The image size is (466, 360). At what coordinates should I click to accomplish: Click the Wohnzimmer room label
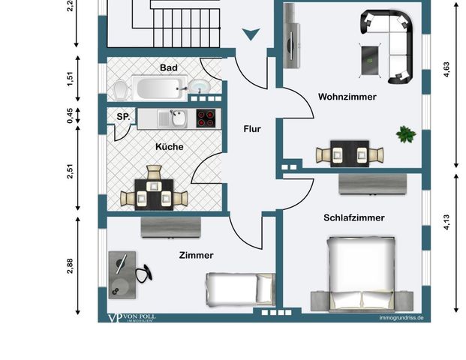coord(347,97)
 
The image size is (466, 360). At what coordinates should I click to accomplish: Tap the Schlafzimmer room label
coord(353,217)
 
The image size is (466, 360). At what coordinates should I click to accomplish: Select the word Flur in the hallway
coord(252,129)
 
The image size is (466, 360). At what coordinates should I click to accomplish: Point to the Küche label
coord(170,147)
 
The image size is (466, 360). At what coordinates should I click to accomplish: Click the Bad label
coord(169,68)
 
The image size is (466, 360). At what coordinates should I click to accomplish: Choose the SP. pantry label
coord(123,117)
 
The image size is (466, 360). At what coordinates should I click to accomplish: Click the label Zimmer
coord(196,255)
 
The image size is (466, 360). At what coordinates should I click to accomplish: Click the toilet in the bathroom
coord(119,89)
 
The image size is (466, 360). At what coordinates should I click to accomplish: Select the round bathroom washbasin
coord(200,87)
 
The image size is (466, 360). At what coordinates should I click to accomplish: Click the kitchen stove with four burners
coord(206,118)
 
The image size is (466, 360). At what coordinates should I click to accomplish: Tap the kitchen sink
coord(178,118)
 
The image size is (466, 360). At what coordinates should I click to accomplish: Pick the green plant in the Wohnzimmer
coord(406,135)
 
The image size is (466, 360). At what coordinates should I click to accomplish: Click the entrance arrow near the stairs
coord(251,33)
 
